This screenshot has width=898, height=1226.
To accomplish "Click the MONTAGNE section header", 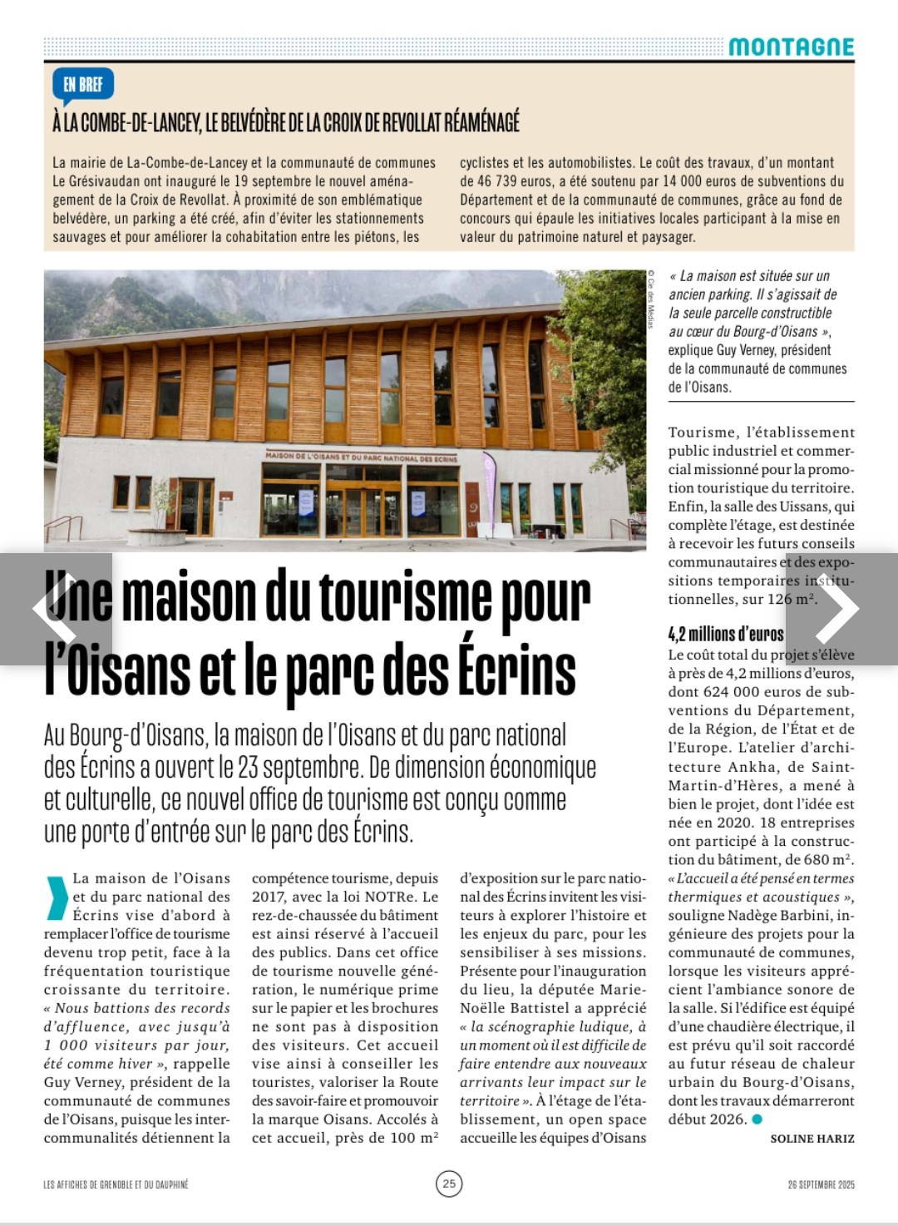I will point(791,47).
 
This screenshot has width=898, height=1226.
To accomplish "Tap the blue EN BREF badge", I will point(83,84).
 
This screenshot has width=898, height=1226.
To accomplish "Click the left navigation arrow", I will point(55,609).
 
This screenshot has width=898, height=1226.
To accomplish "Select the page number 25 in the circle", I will point(449,1183).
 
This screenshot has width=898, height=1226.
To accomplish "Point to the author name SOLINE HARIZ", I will point(812,1139).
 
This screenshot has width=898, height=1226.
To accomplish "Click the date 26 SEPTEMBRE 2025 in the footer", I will point(821,1184).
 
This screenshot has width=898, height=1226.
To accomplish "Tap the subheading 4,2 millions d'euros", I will point(726,635).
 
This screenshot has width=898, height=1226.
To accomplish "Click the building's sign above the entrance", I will point(362,457).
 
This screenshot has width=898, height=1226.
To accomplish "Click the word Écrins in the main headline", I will point(516,672).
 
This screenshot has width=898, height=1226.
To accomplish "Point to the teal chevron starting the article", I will point(57,897).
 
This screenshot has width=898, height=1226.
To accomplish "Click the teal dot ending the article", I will point(757,1120).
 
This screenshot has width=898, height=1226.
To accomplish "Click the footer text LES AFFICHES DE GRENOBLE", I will point(116,1184).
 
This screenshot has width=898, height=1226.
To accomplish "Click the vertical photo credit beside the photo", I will point(651,299).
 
